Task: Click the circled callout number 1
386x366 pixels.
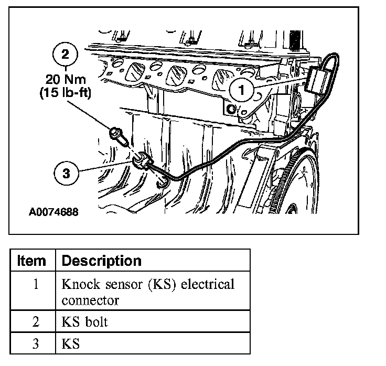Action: (x=242, y=90)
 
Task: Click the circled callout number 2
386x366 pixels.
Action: (x=66, y=55)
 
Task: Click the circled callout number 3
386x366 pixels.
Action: (x=66, y=174)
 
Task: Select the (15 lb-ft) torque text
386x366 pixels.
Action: (x=66, y=94)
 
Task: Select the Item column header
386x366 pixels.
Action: (x=32, y=261)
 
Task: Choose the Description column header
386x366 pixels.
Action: (x=102, y=261)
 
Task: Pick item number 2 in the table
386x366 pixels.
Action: (x=35, y=322)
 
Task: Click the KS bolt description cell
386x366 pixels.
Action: (x=84, y=322)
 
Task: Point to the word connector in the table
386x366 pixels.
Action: (x=90, y=301)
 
